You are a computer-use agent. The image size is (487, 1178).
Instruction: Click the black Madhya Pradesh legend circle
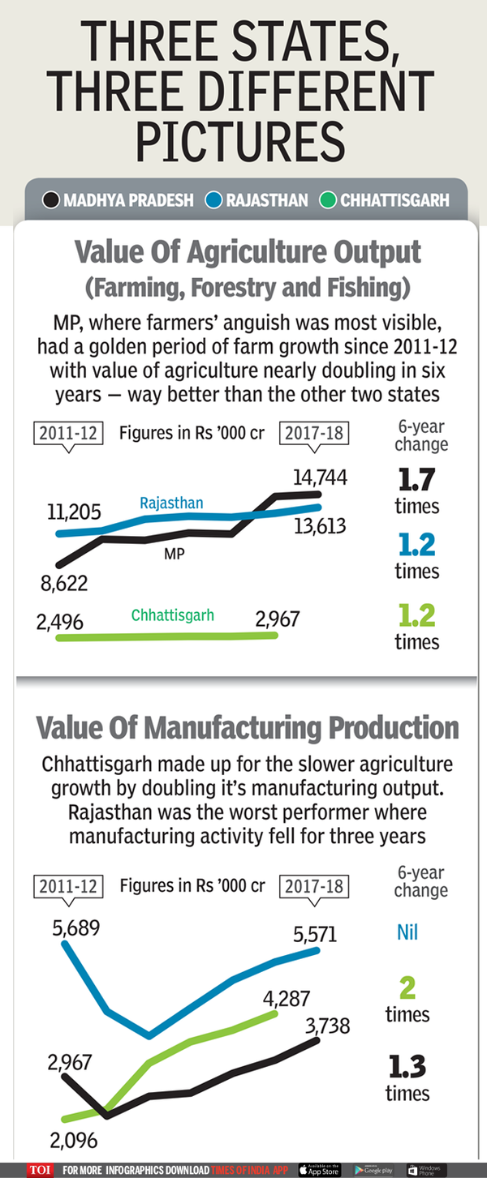click(x=51, y=199)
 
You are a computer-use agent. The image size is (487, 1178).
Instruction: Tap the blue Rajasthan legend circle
click(x=214, y=199)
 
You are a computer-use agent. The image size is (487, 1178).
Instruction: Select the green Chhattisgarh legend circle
click(x=328, y=199)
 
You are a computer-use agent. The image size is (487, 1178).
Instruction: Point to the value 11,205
click(x=74, y=512)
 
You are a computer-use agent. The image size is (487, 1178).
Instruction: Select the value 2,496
click(x=59, y=621)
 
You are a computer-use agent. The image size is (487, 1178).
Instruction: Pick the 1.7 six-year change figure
click(x=416, y=481)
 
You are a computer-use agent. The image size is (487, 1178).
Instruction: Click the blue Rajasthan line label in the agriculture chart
click(x=171, y=503)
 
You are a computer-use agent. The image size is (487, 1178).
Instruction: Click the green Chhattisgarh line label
click(x=173, y=615)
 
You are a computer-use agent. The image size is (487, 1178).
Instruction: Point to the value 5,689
click(x=76, y=927)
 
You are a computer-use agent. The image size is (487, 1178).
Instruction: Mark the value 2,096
click(x=73, y=1140)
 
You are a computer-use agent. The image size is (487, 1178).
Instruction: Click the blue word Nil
click(x=407, y=932)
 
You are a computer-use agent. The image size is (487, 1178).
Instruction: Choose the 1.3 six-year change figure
click(x=407, y=1066)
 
